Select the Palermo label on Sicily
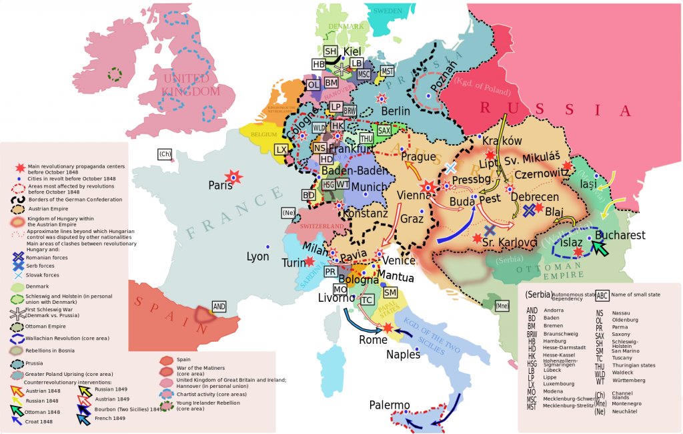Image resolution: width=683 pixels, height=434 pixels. [389, 405]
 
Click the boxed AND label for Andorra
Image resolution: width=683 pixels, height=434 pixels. [219, 306]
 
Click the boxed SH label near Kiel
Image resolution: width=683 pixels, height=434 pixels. [331, 51]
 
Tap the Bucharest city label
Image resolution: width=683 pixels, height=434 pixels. [620, 235]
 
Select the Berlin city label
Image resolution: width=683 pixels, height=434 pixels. [396, 111]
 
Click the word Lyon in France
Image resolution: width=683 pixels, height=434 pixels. [257, 256]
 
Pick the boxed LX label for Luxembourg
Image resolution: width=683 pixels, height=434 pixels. [281, 150]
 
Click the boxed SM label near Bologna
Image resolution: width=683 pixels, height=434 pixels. [390, 292]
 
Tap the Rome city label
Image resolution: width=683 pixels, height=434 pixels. [373, 339]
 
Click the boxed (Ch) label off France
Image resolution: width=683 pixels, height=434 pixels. [165, 154]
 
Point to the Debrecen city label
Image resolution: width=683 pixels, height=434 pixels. [534, 197]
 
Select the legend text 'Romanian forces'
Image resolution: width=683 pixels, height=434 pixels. [50, 256]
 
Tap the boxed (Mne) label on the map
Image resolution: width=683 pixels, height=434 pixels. [502, 306]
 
